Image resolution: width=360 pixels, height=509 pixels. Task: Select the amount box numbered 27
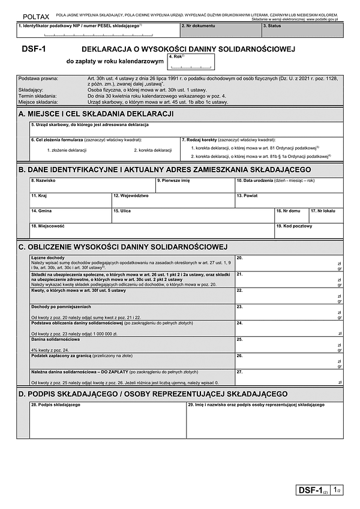click(289, 377)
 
